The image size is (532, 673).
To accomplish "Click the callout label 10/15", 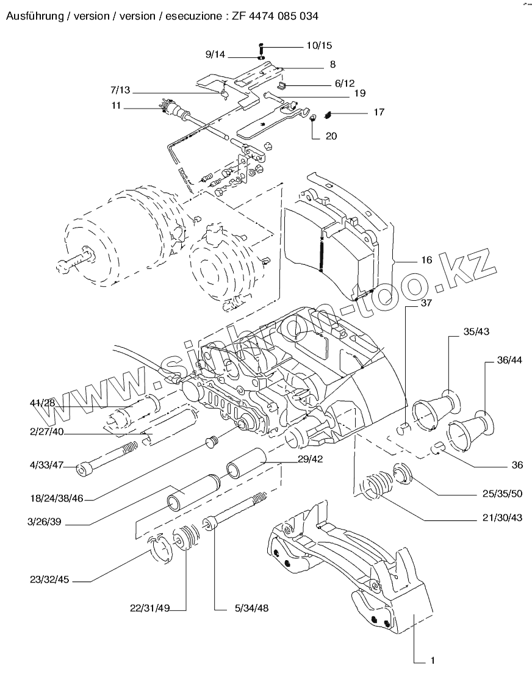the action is coord(319,46).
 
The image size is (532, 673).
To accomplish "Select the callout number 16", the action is coord(426,260).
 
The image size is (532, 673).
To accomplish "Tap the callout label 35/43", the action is coord(476,331).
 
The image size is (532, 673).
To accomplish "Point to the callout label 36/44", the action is coord(509,360).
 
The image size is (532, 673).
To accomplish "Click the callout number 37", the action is coord(426,303).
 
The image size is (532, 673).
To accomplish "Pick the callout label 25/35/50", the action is coord(502,494).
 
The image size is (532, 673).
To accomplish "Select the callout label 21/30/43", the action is coord(502,517).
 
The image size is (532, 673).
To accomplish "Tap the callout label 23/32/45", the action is coord(49,580).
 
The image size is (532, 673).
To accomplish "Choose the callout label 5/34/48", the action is coord(251,608).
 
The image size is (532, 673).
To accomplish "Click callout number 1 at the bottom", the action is coord(433,660).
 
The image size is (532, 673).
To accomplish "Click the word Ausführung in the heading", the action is coord(34,16).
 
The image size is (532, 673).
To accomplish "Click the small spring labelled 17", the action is coord(328,115).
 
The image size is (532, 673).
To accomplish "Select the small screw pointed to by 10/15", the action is coord(261,46).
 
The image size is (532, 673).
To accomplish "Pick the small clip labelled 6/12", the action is coord(282,85).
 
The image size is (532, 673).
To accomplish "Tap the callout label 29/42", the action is coord(310,459).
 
